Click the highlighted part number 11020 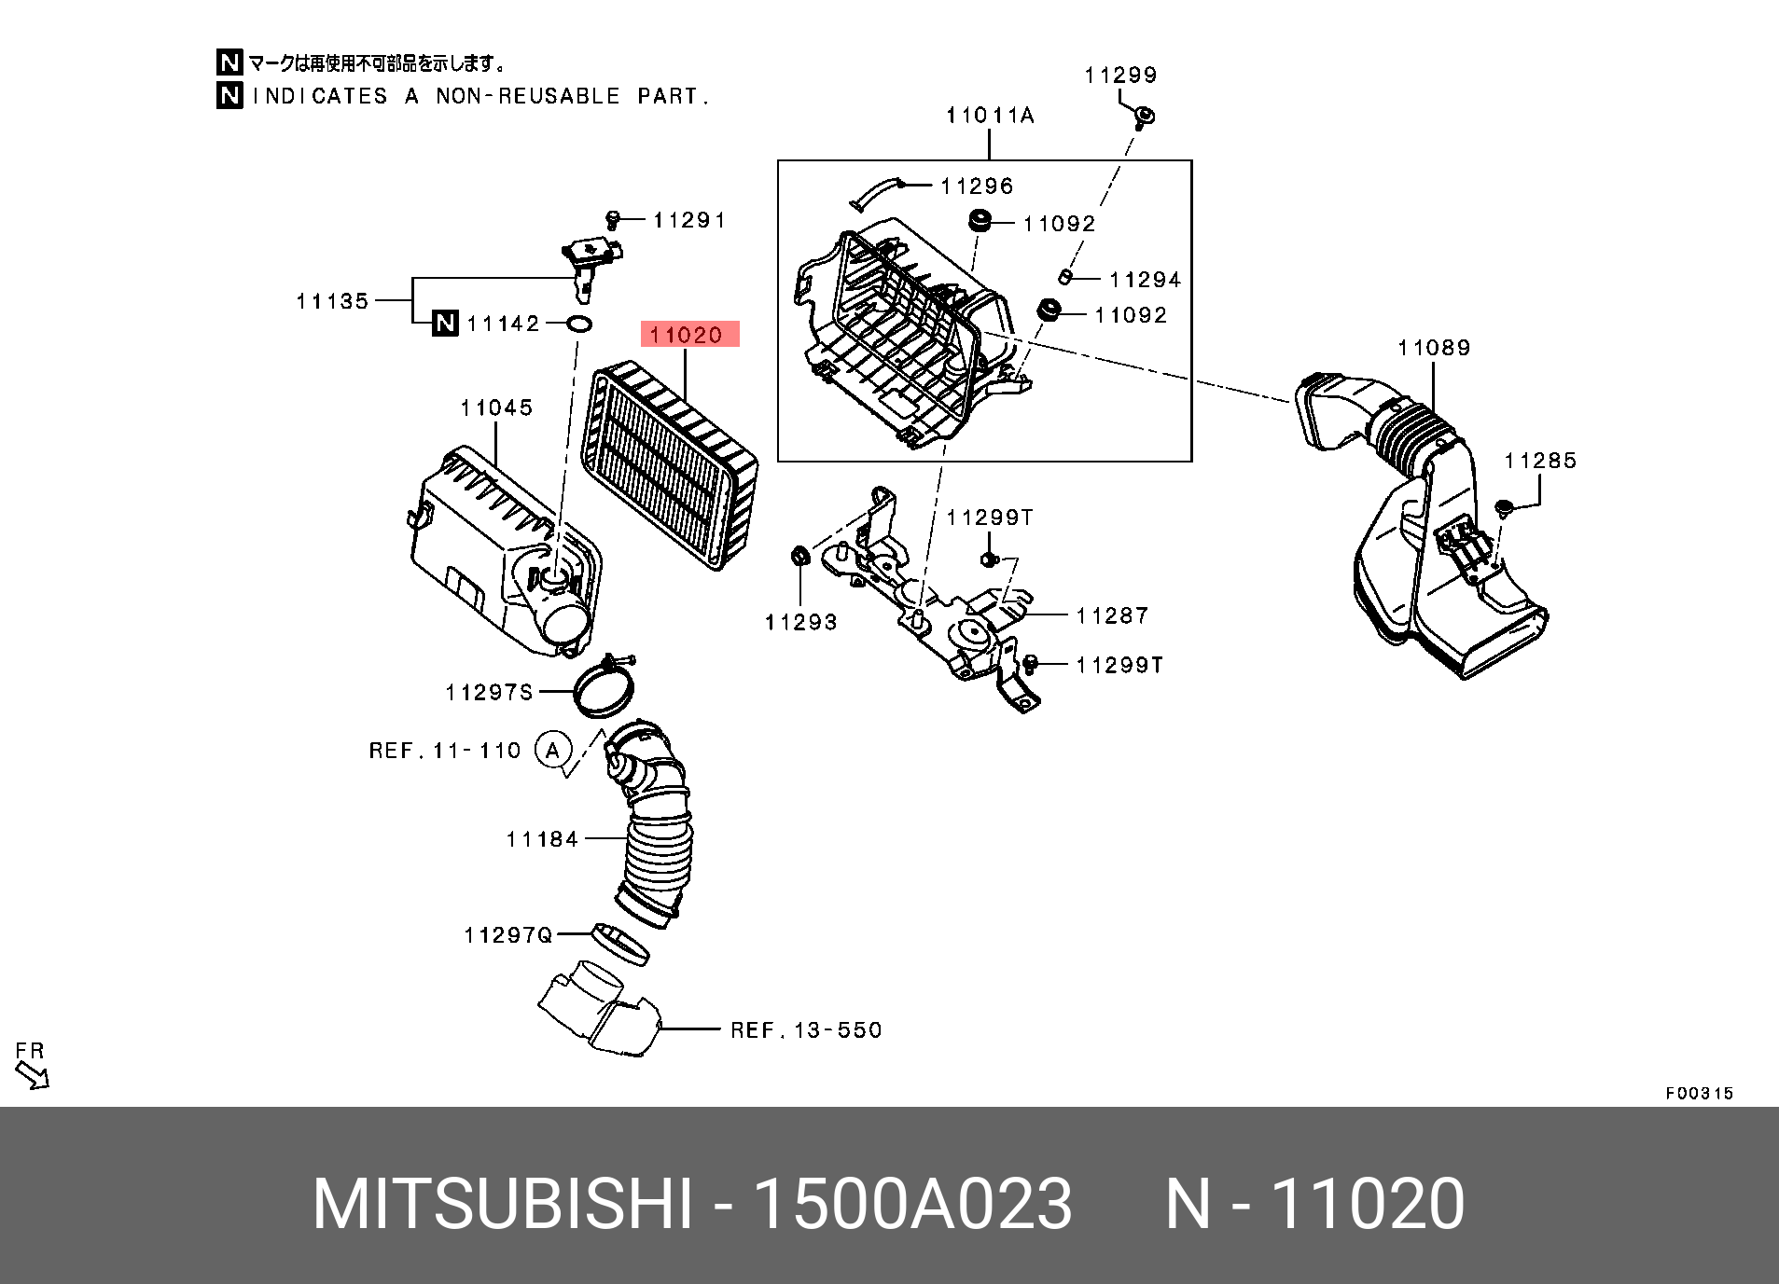688,335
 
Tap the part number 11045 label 496,407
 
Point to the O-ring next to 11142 579,324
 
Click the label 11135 333,301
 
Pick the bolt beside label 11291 613,219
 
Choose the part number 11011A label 990,116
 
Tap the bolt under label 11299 1144,117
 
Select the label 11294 1145,280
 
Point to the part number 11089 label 1434,348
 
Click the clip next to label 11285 1503,508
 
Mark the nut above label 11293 799,556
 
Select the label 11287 1112,615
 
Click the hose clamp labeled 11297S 605,688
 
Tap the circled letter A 552,750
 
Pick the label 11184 542,839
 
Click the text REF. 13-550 806,1030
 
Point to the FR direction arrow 34,1077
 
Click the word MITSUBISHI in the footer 503,1204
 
